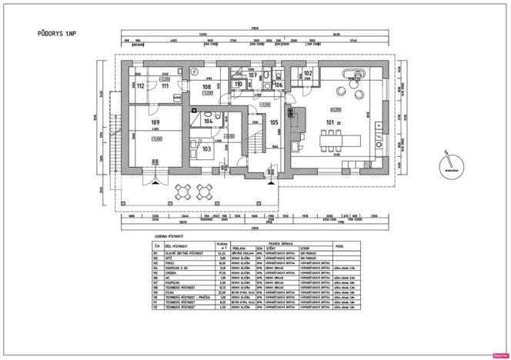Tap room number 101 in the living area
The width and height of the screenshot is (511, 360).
pyautogui.click(x=331, y=122)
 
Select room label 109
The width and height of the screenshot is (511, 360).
pyautogui.click(x=155, y=123)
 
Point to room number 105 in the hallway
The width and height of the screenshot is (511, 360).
pyautogui.click(x=273, y=122)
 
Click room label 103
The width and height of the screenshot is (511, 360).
pyautogui.click(x=207, y=149)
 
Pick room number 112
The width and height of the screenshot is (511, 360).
pyautogui.click(x=140, y=86)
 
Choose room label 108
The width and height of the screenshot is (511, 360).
pyautogui.click(x=207, y=87)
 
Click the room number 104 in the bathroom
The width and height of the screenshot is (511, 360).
pyautogui.click(x=209, y=122)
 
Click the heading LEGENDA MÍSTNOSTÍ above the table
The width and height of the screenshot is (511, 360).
pyautogui.click(x=172, y=236)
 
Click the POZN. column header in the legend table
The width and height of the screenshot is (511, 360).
pyautogui.click(x=339, y=244)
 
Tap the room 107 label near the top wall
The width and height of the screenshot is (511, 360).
pyautogui.click(x=252, y=75)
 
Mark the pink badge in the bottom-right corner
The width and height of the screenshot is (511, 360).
pyautogui.click(x=499, y=355)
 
